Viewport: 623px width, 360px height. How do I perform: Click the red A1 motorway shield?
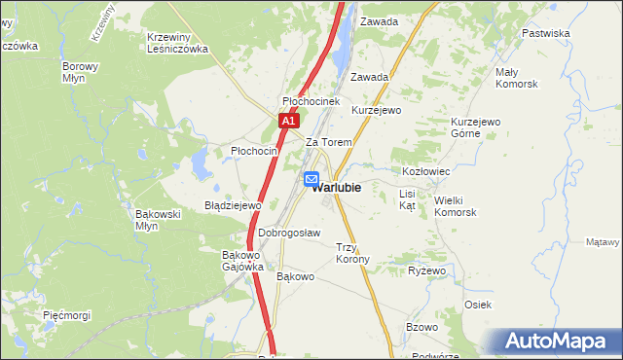[287, 121]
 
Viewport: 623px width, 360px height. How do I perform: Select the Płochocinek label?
[310, 101]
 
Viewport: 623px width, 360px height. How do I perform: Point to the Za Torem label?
[328, 142]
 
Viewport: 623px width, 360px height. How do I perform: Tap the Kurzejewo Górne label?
[475, 127]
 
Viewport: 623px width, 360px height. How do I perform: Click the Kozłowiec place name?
[425, 170]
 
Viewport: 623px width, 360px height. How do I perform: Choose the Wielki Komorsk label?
[455, 206]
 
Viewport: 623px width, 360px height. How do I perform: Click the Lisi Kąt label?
[408, 200]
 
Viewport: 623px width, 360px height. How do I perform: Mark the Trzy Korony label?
[352, 253]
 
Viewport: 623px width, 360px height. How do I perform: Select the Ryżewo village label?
[426, 270]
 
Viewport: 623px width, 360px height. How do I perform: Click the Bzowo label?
[422, 327]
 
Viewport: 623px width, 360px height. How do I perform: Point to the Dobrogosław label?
[289, 234]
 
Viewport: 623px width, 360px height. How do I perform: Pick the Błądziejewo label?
[233, 206]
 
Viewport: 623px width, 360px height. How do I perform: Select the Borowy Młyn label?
[80, 73]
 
